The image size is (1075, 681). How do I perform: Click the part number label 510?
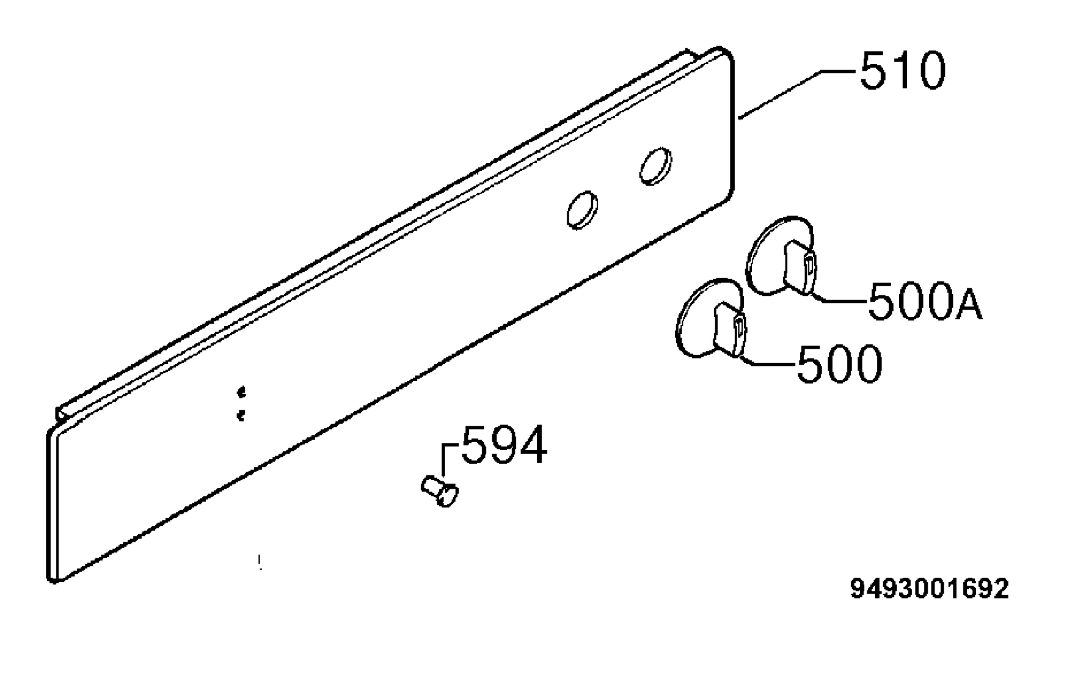(903, 70)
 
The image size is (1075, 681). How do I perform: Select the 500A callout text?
(925, 301)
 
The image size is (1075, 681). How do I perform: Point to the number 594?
(504, 445)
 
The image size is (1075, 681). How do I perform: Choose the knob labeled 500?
(710, 318)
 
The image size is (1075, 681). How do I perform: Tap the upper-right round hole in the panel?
(656, 166)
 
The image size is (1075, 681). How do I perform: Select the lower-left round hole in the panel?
(582, 210)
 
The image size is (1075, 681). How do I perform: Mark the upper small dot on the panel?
(242, 393)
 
